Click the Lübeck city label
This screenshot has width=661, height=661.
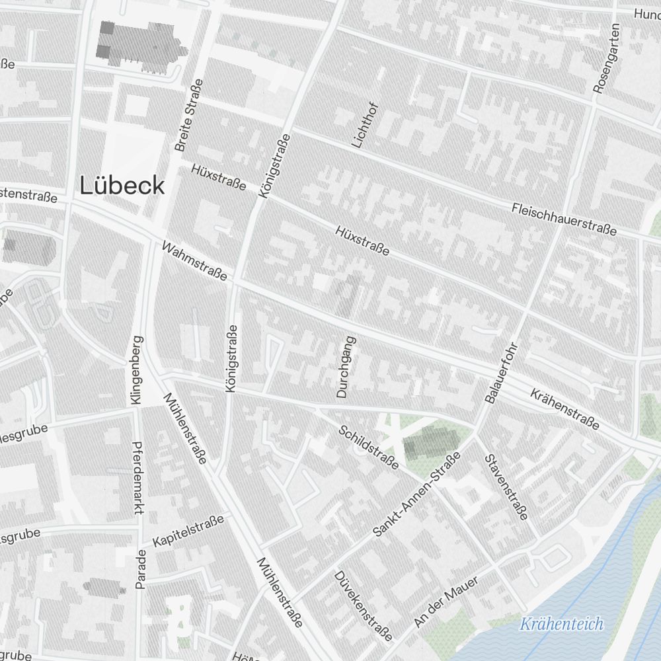[122, 186]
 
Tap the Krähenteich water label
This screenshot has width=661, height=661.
[561, 623]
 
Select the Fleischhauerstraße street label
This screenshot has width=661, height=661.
[564, 219]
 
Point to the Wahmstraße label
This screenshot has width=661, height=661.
[194, 261]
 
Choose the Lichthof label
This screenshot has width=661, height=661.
[364, 124]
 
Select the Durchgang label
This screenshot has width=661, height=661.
[346, 367]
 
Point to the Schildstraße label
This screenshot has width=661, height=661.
[368, 447]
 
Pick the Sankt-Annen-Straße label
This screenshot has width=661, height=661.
[417, 494]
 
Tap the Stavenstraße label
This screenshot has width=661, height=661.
[506, 486]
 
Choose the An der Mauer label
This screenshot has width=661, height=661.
[446, 602]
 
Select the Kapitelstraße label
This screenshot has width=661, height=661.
[188, 531]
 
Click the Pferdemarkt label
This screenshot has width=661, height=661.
[139, 478]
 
